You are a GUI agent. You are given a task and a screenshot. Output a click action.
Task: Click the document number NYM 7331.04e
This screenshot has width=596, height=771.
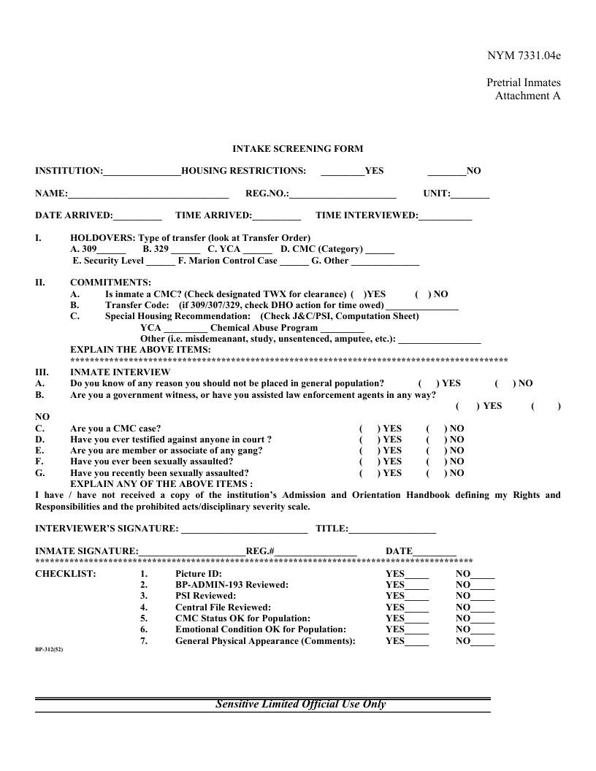click(524, 55)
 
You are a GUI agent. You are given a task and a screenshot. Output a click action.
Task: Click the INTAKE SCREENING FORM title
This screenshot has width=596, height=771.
click(297, 149)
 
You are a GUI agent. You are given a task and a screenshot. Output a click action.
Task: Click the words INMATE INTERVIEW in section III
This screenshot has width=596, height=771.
click(120, 372)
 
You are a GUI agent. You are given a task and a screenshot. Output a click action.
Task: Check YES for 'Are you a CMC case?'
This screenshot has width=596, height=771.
click(369, 429)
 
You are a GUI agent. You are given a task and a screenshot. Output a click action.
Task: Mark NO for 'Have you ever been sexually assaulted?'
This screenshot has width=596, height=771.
click(435, 461)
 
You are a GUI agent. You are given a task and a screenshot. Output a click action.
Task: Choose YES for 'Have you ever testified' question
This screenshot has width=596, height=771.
click(369, 440)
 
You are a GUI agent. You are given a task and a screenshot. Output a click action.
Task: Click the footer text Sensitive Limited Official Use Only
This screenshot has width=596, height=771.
click(300, 705)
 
